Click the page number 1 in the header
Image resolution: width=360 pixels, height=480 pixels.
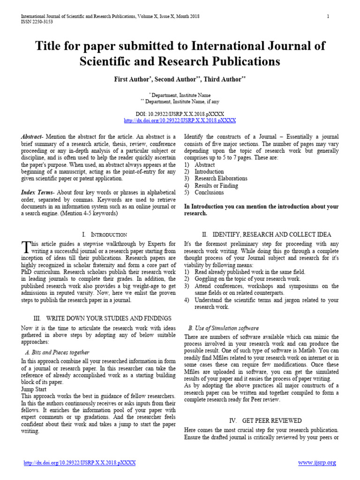click(x=328, y=16)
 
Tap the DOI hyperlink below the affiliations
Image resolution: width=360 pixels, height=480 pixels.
click(x=180, y=120)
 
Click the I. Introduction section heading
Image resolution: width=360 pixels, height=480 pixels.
click(x=104, y=234)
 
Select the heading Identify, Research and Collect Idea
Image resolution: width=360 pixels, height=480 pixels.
click(x=266, y=234)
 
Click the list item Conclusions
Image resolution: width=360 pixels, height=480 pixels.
click(x=209, y=192)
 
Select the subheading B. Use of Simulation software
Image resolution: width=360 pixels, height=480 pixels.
click(x=223, y=328)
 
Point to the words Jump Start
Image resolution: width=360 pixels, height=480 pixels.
click(x=35, y=389)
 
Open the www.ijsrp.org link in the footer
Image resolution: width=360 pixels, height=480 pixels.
click(x=317, y=463)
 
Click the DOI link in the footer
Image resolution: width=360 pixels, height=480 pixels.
click(x=80, y=463)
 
